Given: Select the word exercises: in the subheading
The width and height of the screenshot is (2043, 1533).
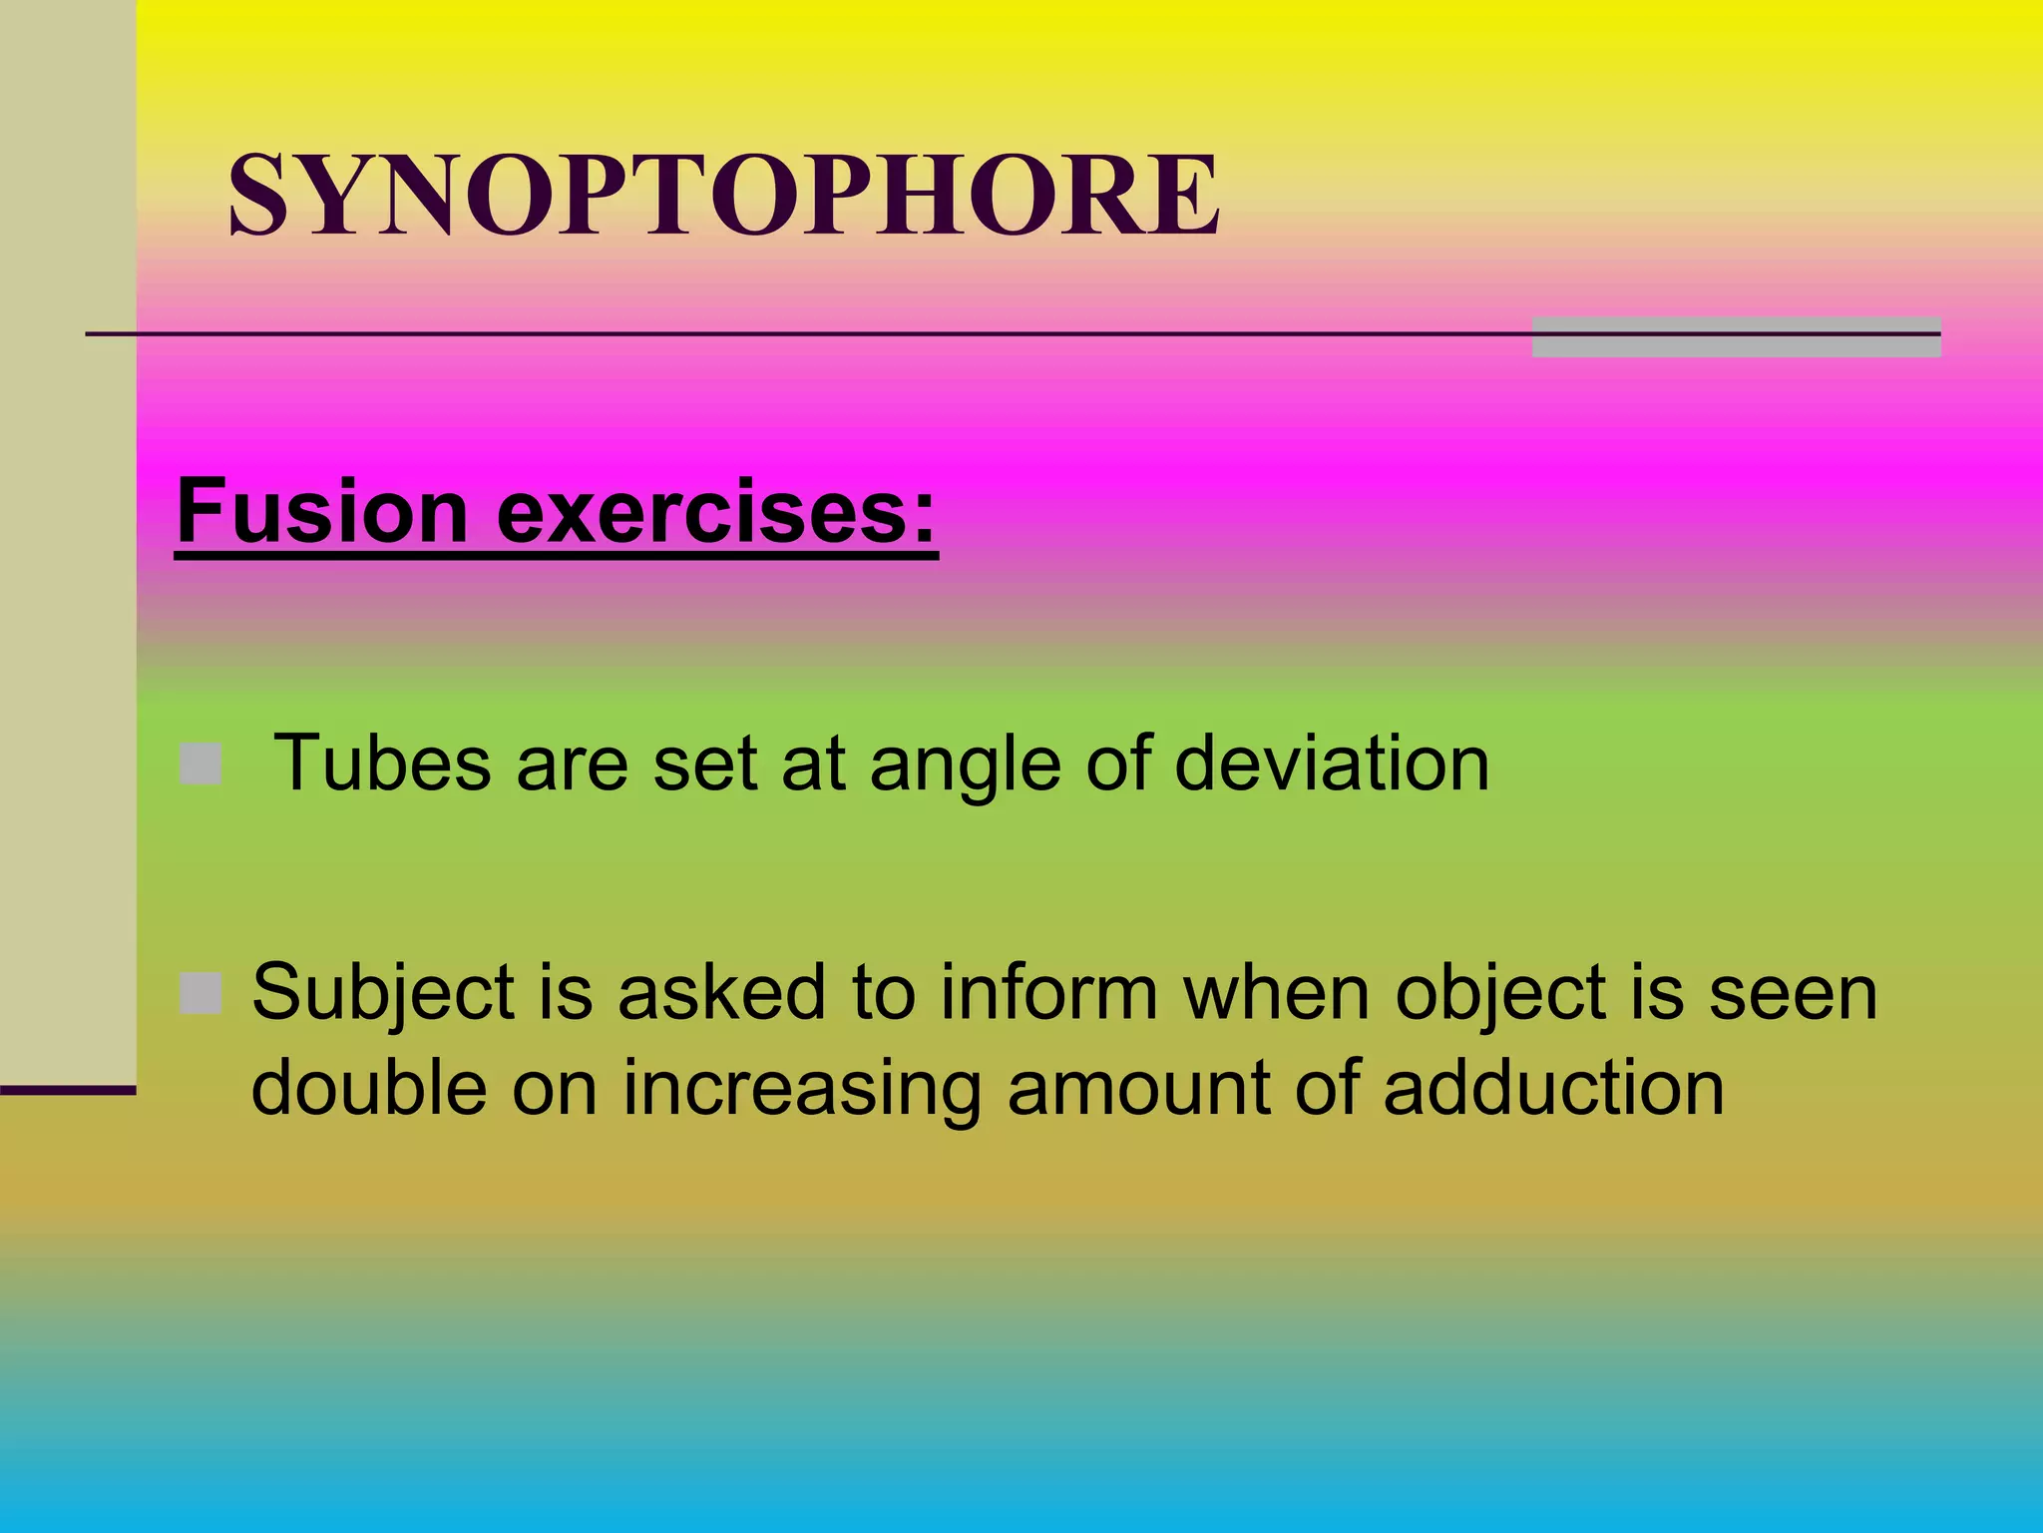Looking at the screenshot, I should coord(717,511).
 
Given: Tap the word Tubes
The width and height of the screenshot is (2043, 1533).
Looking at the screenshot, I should coord(381,764).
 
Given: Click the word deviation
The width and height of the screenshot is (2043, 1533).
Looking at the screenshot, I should coord(1331,764).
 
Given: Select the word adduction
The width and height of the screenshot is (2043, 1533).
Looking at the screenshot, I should coord(1553,1087).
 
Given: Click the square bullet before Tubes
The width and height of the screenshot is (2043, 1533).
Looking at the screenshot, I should coord(201,765).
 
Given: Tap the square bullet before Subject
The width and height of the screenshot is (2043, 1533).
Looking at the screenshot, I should coord(201,993).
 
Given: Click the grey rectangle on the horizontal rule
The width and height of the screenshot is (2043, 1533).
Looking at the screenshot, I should coord(1736,336).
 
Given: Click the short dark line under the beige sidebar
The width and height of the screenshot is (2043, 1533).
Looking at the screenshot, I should coord(68,1091).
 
